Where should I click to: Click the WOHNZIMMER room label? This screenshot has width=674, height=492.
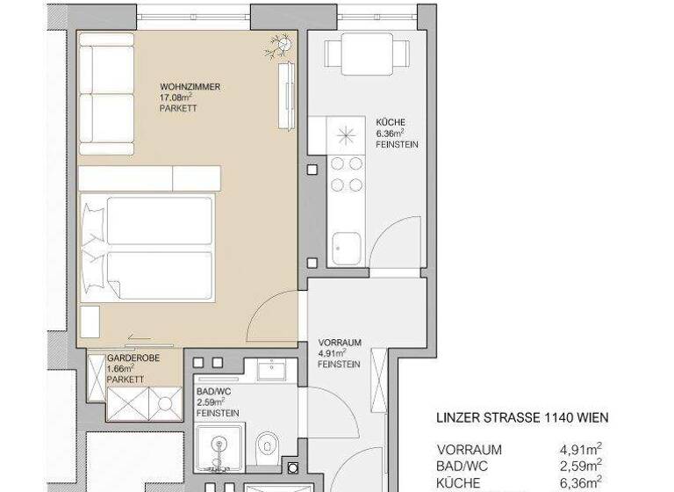190,87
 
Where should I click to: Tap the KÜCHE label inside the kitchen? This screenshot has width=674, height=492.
390,122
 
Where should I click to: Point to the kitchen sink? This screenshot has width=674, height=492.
346,247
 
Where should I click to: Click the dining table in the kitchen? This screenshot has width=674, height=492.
368,55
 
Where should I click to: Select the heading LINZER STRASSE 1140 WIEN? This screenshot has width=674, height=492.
522,418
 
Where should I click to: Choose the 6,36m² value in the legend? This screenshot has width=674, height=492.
579,482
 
